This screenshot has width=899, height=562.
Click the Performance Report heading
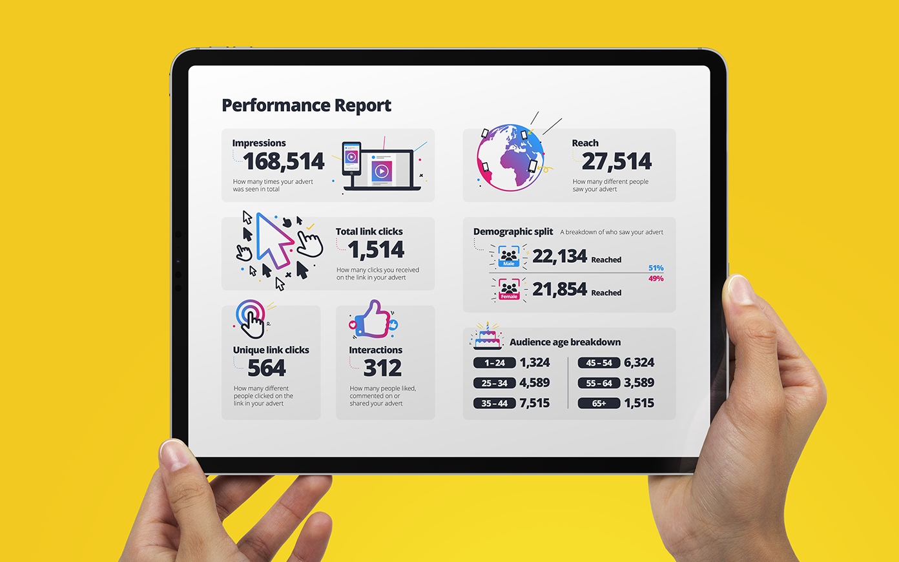(x=306, y=105)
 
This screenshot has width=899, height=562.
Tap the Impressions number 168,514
(x=284, y=161)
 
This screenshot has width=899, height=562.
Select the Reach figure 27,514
(x=617, y=161)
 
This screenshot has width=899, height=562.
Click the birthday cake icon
(x=487, y=337)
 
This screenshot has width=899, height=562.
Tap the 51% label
(x=656, y=268)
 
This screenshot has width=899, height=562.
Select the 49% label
(x=656, y=279)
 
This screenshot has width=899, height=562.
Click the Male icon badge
(x=509, y=256)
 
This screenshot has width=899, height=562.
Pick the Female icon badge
(x=509, y=289)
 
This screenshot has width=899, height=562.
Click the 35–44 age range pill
(x=494, y=403)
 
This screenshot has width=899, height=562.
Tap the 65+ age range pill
(x=599, y=403)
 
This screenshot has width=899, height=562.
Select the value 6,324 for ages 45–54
(x=639, y=363)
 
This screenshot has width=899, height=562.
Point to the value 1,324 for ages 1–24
(x=535, y=363)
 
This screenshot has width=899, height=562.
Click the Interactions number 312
(x=382, y=368)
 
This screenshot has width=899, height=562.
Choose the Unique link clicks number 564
(x=266, y=368)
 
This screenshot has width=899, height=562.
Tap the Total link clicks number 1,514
(x=376, y=250)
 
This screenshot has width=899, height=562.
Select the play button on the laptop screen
(x=382, y=171)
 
